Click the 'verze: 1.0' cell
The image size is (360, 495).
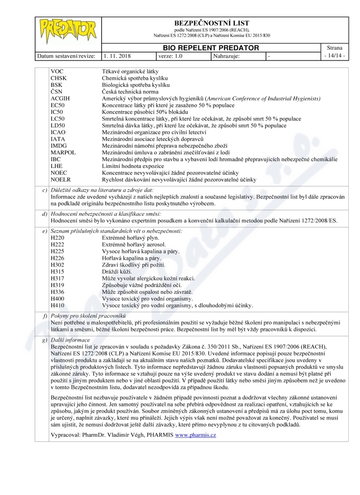click(171, 56)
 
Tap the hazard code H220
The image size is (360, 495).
click(58, 238)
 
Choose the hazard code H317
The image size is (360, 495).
click(58, 279)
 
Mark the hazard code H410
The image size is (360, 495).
click(58, 306)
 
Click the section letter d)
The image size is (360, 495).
click(45, 213)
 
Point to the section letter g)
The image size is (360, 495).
click(45, 340)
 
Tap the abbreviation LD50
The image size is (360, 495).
click(59, 126)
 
